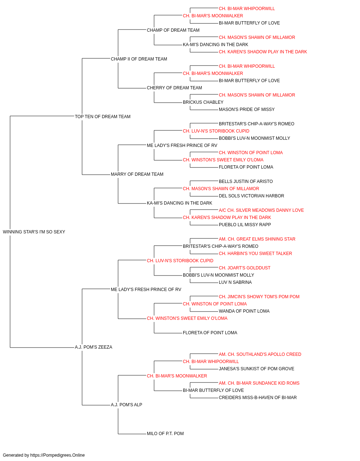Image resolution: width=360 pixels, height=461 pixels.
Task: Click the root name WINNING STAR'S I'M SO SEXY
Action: pyautogui.click(x=34, y=232)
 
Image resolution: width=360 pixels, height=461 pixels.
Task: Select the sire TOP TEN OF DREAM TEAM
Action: pyautogui.click(x=103, y=116)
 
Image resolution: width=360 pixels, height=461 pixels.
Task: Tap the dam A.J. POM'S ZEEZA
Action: pyautogui.click(x=94, y=347)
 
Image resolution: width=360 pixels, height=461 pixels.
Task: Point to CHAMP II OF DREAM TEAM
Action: pyautogui.click(x=139, y=59)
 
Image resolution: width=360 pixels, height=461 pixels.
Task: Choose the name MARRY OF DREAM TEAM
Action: pyautogui.click(x=137, y=174)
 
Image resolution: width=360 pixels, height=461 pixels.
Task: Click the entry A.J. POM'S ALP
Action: pyautogui.click(x=127, y=405)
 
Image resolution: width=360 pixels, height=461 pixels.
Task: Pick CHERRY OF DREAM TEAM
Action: pyautogui.click(x=175, y=88)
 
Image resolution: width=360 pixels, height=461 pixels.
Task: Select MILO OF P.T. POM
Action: pyautogui.click(x=165, y=434)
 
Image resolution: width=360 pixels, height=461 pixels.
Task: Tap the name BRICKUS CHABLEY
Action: pyautogui.click(x=203, y=102)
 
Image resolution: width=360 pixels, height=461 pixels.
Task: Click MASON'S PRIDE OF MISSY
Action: pyautogui.click(x=247, y=109)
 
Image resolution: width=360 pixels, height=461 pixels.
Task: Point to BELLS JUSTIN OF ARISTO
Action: pyautogui.click(x=246, y=182)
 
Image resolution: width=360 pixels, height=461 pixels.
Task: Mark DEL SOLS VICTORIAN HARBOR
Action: pyautogui.click(x=251, y=196)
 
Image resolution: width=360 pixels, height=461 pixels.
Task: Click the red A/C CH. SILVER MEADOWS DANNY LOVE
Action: pyautogui.click(x=261, y=210)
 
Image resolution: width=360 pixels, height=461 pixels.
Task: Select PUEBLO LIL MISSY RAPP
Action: pyautogui.click(x=245, y=225)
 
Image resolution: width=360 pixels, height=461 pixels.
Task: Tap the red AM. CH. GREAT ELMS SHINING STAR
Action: pyautogui.click(x=257, y=239)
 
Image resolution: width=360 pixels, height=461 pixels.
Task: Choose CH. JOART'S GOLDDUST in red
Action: pyautogui.click(x=245, y=268)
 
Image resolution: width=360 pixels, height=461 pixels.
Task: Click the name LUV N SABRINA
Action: pyautogui.click(x=235, y=282)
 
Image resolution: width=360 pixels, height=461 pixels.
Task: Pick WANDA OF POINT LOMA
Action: pyautogui.click(x=244, y=311)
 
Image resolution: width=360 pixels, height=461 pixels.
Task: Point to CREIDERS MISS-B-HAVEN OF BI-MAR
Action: pyautogui.click(x=258, y=398)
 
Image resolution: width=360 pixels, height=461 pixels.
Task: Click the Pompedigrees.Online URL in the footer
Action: pyautogui.click(x=58, y=455)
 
